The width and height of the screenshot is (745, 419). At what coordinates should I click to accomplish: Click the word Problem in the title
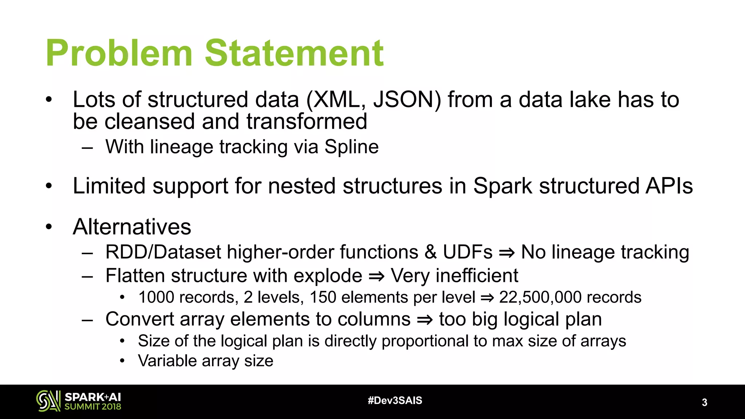[119, 54]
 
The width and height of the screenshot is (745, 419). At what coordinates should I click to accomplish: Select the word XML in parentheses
[336, 100]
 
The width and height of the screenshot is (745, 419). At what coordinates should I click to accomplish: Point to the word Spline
[351, 147]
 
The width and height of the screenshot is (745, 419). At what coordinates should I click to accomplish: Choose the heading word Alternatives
[132, 227]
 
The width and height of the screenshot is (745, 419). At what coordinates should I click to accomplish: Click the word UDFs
[467, 252]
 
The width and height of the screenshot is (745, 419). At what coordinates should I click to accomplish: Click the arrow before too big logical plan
[425, 320]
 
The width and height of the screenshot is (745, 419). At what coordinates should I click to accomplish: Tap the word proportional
[425, 341]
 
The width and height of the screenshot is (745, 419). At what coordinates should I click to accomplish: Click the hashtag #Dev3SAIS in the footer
[395, 401]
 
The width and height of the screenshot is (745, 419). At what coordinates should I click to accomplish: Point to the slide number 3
[704, 403]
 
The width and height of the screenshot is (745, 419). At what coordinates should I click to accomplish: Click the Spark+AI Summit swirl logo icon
[48, 401]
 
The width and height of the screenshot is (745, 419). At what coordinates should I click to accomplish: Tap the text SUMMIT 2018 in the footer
[93, 407]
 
